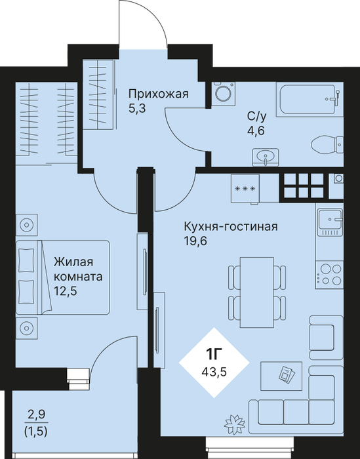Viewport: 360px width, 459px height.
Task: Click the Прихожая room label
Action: (x=159, y=94)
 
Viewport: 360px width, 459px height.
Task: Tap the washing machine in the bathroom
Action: (x=224, y=93)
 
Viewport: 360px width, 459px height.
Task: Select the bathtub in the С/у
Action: (x=310, y=100)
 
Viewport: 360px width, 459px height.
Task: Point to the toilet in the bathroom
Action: (x=327, y=144)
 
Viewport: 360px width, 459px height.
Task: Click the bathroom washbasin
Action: (x=266, y=157)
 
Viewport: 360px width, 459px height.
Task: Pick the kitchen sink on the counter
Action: (x=330, y=222)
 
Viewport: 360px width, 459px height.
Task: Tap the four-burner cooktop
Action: (x=330, y=273)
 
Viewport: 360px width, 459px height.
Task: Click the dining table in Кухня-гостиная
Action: (x=256, y=292)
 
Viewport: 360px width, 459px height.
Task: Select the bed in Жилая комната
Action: (x=63, y=277)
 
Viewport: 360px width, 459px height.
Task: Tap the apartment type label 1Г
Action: (x=214, y=355)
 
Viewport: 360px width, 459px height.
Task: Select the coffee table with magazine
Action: (x=281, y=376)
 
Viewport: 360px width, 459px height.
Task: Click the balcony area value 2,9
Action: (x=37, y=414)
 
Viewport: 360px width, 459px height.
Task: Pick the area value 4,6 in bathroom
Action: (x=256, y=130)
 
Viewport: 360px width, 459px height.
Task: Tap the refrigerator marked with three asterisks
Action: (x=245, y=189)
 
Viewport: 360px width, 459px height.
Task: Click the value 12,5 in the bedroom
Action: (x=66, y=291)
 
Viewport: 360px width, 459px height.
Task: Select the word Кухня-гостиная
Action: (x=231, y=227)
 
